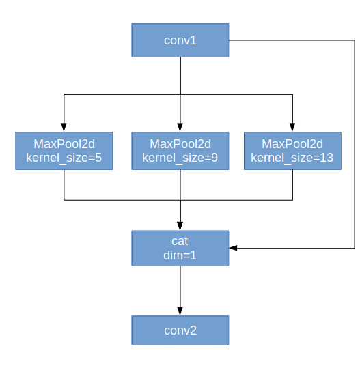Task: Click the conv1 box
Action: (x=180, y=40)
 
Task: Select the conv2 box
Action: (x=180, y=330)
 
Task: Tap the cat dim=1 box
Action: (x=180, y=248)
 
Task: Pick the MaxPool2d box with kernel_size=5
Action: (x=64, y=151)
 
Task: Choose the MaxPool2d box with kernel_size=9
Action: (x=180, y=151)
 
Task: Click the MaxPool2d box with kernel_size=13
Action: (x=292, y=151)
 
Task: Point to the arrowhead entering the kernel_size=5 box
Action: (x=64, y=127)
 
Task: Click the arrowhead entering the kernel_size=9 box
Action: (x=180, y=127)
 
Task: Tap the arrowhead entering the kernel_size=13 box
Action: (x=292, y=127)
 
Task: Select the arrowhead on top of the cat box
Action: (x=180, y=226)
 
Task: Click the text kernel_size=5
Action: (x=64, y=158)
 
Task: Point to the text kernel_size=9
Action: (x=180, y=158)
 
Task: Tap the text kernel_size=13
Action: (x=292, y=158)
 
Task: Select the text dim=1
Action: (x=180, y=255)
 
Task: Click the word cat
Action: (x=180, y=241)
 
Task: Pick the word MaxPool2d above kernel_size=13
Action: (x=292, y=144)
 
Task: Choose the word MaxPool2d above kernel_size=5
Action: (x=64, y=144)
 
